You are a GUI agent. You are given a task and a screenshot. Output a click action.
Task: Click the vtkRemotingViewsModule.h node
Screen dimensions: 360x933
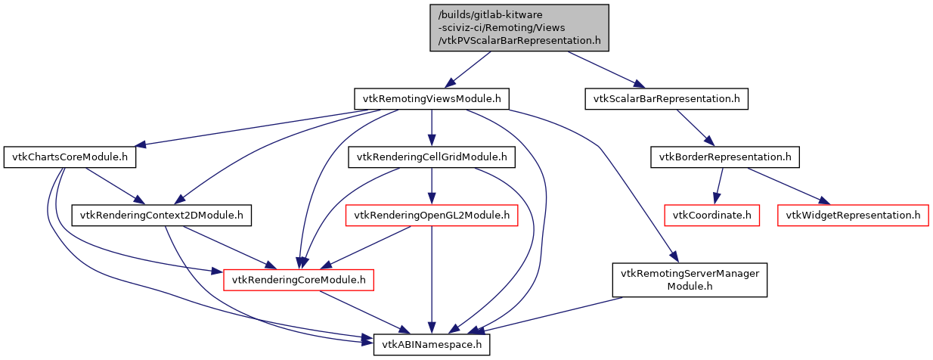click(431, 99)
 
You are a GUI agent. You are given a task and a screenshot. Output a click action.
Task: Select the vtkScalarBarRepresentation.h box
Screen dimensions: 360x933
click(666, 99)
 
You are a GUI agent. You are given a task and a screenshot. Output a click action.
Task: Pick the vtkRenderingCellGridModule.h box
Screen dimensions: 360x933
click(431, 157)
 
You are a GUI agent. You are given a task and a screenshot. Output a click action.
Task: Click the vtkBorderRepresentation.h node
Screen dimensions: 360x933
click(724, 157)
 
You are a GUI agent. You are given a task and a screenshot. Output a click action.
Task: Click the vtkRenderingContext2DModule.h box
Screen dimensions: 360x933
click(162, 216)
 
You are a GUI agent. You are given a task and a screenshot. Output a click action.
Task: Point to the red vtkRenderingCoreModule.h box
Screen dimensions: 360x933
click(299, 280)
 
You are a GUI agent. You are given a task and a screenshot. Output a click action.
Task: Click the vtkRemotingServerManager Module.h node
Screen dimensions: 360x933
click(689, 280)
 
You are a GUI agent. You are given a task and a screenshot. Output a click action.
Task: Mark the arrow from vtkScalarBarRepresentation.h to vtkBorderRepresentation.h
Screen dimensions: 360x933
click(693, 127)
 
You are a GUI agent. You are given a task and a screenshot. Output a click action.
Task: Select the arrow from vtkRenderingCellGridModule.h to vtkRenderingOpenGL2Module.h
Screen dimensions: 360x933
click(431, 186)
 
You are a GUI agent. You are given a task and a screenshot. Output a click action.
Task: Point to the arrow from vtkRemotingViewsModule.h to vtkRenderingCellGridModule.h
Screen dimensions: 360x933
click(431, 127)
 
